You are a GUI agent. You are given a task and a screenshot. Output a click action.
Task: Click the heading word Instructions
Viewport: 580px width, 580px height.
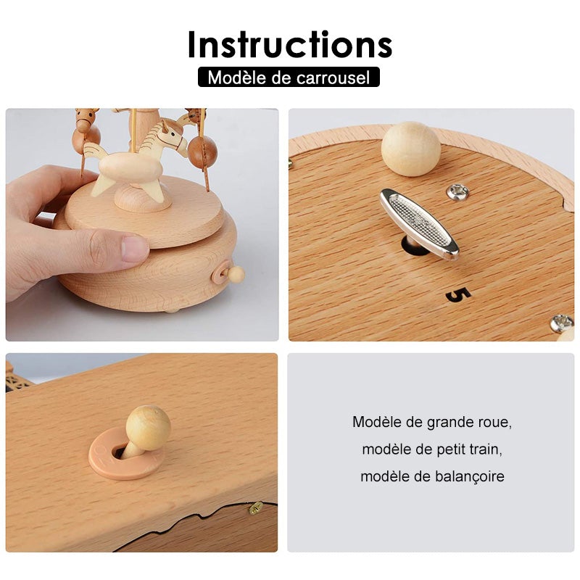tap(290, 44)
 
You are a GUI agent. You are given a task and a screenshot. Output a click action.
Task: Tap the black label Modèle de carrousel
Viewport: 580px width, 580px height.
tap(289, 77)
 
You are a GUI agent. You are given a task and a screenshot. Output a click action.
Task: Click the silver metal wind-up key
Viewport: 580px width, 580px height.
tap(419, 223)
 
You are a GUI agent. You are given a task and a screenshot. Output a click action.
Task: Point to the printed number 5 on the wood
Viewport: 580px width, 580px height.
tap(458, 294)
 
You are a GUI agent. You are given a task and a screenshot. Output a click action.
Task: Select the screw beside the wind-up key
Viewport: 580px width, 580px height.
tap(457, 191)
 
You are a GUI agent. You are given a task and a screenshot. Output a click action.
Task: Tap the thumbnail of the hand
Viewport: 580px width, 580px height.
tap(135, 248)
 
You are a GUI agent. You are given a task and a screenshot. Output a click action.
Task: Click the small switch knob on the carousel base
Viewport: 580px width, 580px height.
tap(236, 274)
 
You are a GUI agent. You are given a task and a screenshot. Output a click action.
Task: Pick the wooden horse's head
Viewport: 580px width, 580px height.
tap(170, 135)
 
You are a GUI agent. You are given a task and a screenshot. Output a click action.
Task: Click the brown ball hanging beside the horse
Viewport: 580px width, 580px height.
tap(202, 151)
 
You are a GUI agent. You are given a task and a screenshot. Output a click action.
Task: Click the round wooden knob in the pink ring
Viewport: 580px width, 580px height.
tap(148, 428)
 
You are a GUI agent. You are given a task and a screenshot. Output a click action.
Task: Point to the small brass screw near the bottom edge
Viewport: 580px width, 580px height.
tap(255, 508)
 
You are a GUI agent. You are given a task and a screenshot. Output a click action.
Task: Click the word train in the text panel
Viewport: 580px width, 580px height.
tap(486, 449)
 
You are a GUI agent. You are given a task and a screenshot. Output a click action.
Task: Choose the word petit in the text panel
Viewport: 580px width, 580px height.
tap(451, 449)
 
